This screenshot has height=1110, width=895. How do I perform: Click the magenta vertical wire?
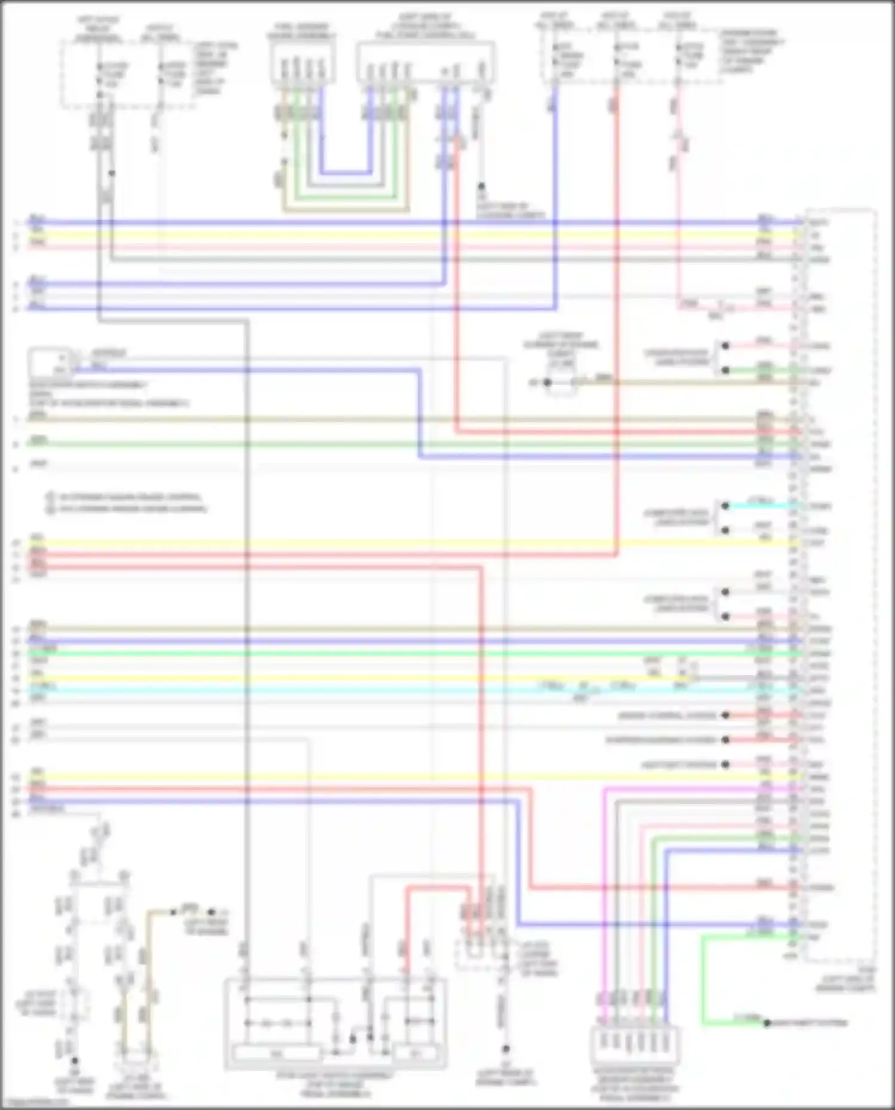(604, 895)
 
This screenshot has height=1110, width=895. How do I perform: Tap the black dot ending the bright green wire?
(767, 1024)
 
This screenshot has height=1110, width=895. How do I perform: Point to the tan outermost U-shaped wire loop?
(346, 210)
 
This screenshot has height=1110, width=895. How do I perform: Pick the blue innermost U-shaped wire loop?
(346, 173)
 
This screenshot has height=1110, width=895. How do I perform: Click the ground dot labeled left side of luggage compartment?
(482, 187)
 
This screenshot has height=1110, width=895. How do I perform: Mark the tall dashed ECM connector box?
(840, 585)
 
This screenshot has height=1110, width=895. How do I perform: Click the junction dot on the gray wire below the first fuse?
(112, 174)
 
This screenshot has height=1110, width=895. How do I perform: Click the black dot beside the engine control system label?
(726, 715)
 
